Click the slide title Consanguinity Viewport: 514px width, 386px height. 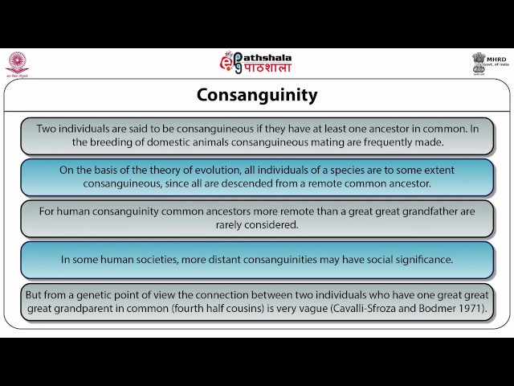pyautogui.click(x=257, y=96)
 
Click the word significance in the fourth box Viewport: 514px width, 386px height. pyautogui.click(x=422, y=260)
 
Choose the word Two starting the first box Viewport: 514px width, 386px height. pyautogui.click(x=47, y=128)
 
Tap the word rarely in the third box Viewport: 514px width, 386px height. pyautogui.click(x=232, y=225)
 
